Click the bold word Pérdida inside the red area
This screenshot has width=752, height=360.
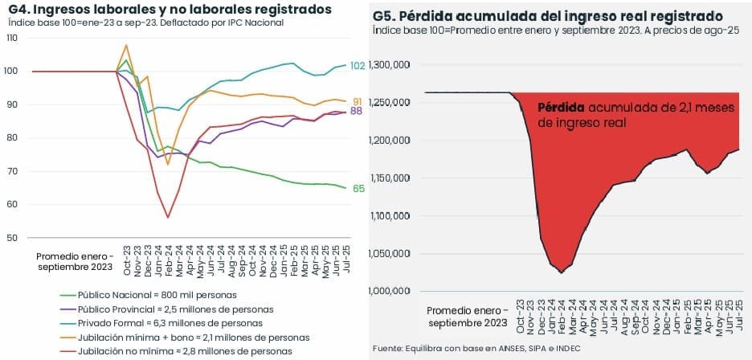tap(561, 108)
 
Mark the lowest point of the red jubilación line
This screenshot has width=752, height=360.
tap(168, 217)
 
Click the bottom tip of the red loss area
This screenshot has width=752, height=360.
tap(561, 273)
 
